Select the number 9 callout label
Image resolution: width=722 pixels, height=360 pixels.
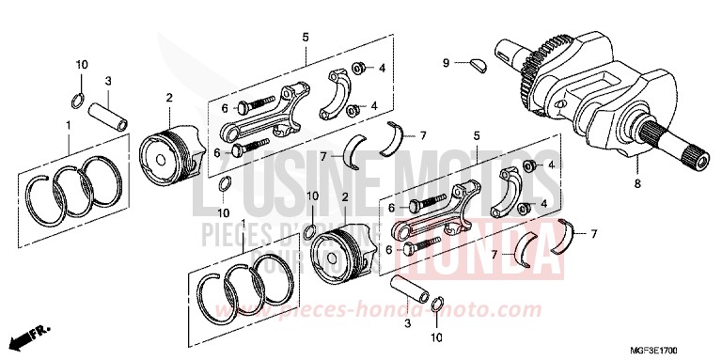click(447, 63)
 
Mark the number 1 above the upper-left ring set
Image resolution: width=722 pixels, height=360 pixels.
click(67, 124)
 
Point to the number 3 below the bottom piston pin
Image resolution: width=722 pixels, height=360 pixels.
click(407, 322)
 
